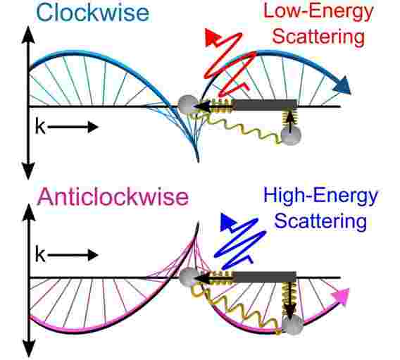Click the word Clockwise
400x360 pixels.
(x=93, y=13)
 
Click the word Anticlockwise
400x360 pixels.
(x=113, y=197)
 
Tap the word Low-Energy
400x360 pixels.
(x=318, y=12)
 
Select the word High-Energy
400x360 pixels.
(x=320, y=196)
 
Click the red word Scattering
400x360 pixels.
(x=318, y=37)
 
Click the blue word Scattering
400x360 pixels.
(x=320, y=221)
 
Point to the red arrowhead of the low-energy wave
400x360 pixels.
(x=212, y=37)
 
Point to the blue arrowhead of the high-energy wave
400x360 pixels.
(x=228, y=222)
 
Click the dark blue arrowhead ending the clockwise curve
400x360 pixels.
(x=342, y=85)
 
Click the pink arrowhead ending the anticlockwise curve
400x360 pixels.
(x=341, y=297)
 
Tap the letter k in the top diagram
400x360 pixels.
(x=40, y=126)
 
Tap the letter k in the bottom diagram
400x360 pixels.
(x=40, y=254)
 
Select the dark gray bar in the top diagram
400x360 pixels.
(x=265, y=105)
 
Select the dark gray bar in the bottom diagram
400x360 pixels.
(x=265, y=277)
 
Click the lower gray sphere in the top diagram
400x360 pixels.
(x=291, y=135)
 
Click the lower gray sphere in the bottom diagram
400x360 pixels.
(x=293, y=324)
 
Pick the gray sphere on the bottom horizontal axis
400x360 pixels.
(x=189, y=278)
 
